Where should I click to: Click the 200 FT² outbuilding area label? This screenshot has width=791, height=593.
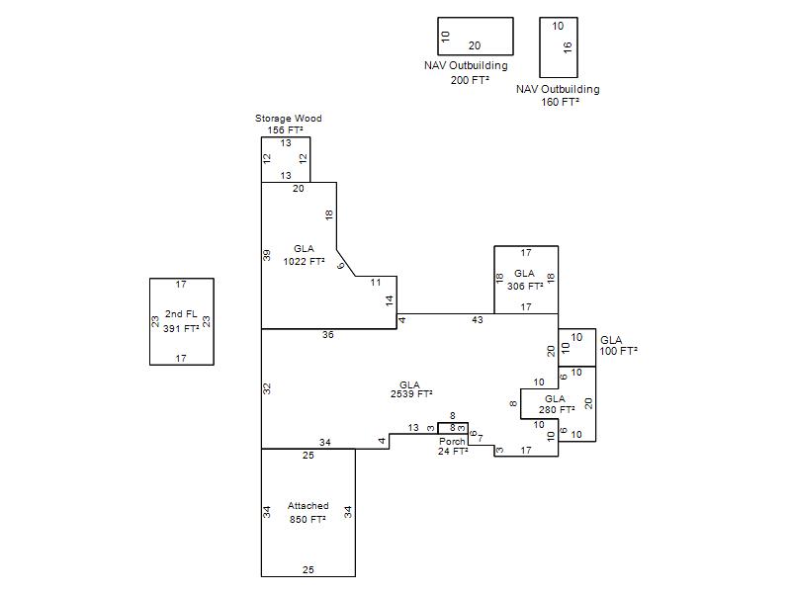471,80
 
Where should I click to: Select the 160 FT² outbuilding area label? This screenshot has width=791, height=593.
560,102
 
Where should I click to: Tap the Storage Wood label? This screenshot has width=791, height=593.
288,118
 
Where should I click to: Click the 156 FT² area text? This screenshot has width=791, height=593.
285,129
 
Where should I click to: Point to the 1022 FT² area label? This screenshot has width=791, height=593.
304,261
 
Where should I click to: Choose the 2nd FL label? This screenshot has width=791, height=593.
181,313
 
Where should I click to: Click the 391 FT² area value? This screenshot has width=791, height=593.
181,328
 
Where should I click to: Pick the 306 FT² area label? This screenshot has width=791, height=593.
525,286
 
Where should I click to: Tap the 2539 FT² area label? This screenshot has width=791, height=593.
411,393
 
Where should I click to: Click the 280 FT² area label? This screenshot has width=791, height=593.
557,409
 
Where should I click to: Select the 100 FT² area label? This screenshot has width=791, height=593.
619,351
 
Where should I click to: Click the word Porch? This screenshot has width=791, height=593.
452,441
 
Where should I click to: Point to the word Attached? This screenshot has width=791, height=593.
308,505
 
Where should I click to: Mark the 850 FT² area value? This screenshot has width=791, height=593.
308,520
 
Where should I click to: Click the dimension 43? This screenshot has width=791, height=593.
478,319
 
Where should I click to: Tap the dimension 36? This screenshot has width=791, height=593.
328,334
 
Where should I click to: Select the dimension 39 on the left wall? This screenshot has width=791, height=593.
267,255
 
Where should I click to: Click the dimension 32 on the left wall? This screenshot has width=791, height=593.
267,388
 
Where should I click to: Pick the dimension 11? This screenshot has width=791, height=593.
376,283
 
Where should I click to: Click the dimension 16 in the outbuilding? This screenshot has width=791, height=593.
568,47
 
